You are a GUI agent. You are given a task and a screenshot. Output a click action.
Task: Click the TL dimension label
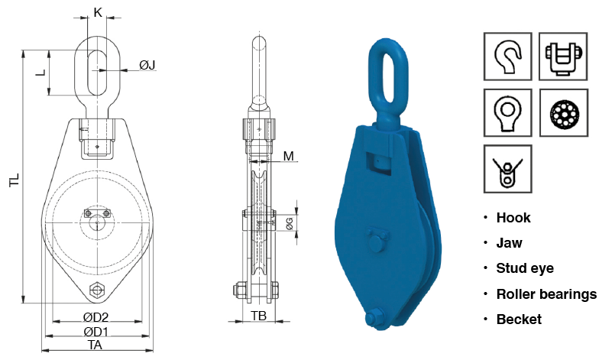15,180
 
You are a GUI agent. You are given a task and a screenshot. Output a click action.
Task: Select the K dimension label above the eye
98,12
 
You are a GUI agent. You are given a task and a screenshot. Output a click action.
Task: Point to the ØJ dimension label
147,65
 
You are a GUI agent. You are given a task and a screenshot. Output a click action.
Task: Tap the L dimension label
41,73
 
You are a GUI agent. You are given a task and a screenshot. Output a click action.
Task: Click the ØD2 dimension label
96,317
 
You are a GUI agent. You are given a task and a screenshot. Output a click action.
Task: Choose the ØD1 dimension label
96,332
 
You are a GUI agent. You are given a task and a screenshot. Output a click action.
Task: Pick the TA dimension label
95,345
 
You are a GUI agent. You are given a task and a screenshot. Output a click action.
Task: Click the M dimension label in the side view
289,156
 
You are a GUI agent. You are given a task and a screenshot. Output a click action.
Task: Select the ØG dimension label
290,224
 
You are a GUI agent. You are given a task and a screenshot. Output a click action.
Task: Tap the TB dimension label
259,316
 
